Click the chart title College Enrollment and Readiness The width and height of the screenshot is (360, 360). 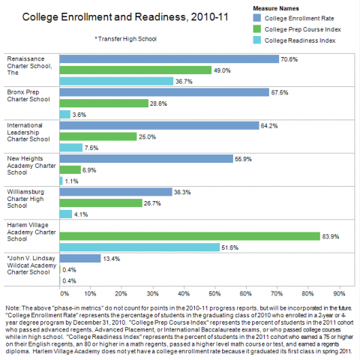(125, 17)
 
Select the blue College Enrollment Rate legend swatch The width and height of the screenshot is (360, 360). (257, 18)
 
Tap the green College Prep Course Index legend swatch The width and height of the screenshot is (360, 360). (257, 29)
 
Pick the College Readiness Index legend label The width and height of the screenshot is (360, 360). (300, 40)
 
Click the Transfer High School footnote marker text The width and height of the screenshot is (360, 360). (125, 39)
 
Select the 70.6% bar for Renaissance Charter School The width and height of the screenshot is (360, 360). (169, 59)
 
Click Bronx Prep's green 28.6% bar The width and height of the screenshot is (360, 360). (104, 103)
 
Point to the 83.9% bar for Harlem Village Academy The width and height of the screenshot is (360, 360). (190, 236)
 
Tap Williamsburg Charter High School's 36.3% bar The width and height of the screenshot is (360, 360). (116, 192)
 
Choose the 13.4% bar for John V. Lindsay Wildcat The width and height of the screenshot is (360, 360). (80, 258)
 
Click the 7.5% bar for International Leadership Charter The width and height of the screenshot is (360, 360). (71, 148)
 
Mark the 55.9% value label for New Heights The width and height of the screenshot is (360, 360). (243, 159)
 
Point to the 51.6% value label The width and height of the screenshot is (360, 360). (230, 247)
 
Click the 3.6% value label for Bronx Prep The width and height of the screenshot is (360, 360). (79, 115)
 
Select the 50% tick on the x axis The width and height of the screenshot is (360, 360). (214, 293)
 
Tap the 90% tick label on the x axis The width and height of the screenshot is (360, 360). (339, 293)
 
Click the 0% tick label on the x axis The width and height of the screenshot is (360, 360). (64, 293)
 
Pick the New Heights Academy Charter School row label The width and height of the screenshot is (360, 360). (31, 166)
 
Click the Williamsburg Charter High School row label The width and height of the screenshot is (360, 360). (25, 199)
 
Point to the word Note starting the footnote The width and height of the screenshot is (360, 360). (13, 308)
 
